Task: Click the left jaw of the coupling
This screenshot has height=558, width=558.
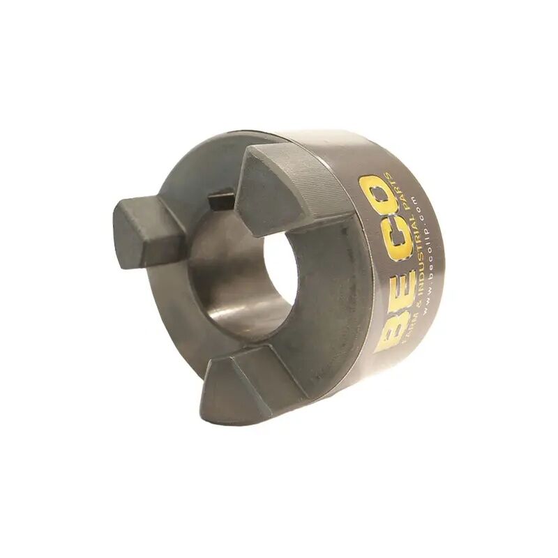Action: [x=143, y=230]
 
